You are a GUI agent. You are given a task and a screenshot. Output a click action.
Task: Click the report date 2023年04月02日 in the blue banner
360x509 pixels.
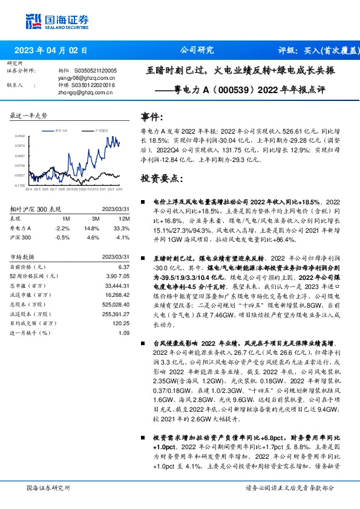[x=55, y=51]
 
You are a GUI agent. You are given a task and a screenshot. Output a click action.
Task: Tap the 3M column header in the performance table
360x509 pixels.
[x=95, y=218]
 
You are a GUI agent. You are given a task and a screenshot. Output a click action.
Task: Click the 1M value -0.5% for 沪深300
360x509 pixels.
[x=63, y=238]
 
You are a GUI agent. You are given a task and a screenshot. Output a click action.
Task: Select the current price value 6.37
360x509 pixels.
[x=124, y=267]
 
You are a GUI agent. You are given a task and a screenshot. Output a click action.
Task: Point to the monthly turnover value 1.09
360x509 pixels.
[x=124, y=332]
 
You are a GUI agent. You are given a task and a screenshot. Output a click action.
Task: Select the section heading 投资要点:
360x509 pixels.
[x=160, y=178]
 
